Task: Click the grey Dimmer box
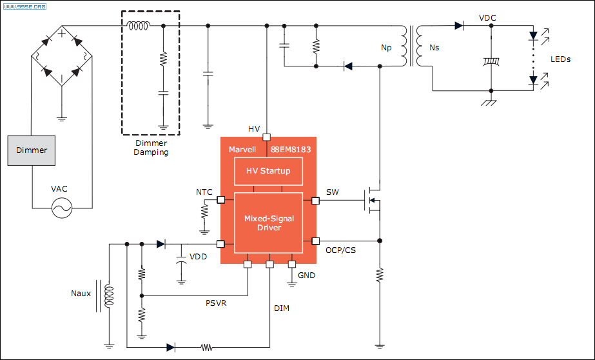(32, 150)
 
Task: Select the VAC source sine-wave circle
(62, 208)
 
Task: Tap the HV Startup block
(268, 171)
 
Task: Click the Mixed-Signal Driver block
(268, 223)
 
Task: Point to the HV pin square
(267, 137)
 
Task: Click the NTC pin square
(220, 200)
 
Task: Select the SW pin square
(315, 201)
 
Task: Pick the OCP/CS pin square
(315, 241)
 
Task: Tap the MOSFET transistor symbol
(372, 200)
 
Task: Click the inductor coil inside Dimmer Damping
(139, 26)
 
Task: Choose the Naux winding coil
(110, 296)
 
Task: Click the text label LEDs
(560, 59)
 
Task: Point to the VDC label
(487, 18)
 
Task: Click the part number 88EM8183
(291, 150)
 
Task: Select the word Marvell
(242, 150)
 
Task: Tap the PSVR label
(216, 303)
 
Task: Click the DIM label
(282, 308)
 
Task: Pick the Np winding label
(386, 48)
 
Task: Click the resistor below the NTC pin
(204, 211)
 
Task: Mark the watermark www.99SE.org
(24, 6)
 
